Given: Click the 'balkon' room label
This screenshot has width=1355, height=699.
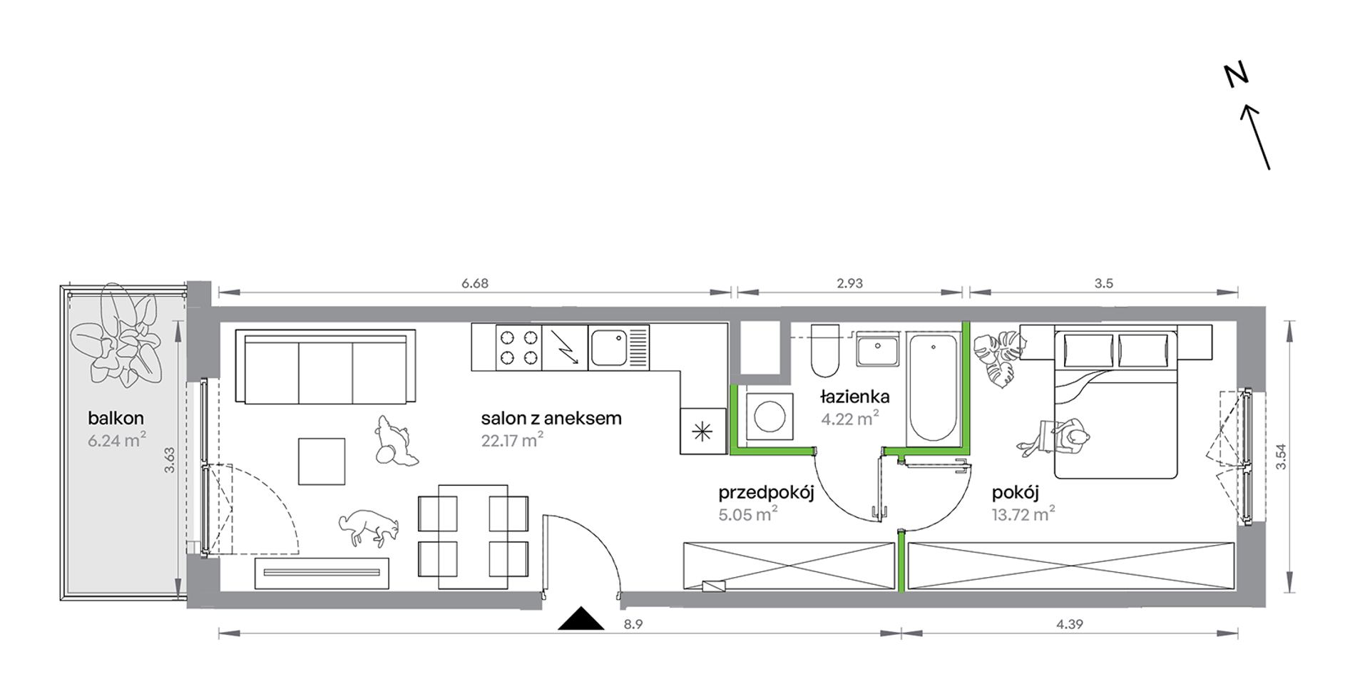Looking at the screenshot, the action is [116, 418].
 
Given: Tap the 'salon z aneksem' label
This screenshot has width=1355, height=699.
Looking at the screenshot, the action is [551, 419].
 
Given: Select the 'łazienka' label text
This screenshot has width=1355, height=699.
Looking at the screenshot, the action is [854, 397].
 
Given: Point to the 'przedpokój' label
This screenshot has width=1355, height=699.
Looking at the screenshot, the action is [766, 493].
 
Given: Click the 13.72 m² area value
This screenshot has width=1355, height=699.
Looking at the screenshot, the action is [1023, 514].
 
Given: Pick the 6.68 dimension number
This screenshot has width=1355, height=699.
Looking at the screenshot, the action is [475, 283].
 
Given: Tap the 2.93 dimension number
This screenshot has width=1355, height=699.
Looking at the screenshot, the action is [850, 283].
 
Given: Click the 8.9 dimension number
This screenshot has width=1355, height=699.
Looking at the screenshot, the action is [633, 624].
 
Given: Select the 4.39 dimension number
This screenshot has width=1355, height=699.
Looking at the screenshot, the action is [1070, 624].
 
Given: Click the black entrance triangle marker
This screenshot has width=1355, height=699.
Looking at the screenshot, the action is [581, 618].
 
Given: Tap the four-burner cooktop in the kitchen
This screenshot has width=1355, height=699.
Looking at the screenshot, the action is [518, 347].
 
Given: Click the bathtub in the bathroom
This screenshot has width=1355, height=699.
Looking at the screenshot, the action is [933, 387].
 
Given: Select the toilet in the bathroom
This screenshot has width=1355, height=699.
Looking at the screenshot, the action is [826, 350].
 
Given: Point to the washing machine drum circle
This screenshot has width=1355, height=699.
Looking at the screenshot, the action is [769, 416].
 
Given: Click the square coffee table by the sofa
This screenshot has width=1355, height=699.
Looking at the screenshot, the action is [322, 461].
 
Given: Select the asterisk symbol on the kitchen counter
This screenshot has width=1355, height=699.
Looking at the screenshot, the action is [702, 431].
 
